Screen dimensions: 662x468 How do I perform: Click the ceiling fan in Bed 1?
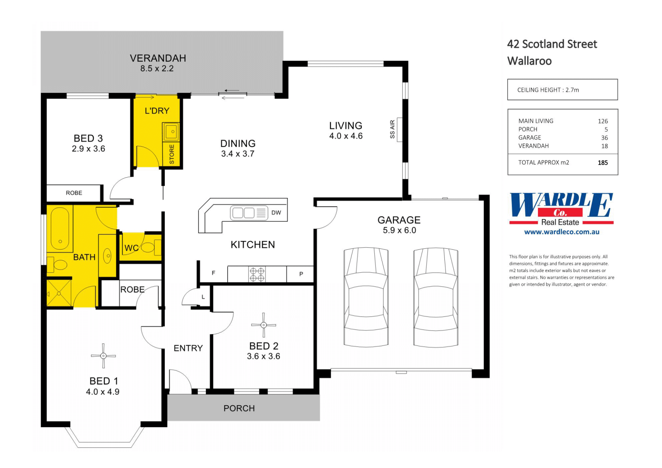point(103,356)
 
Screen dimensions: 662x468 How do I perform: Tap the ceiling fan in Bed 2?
point(263,325)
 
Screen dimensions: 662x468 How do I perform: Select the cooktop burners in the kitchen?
point(257,275)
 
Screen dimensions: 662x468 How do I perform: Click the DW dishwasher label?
point(276,213)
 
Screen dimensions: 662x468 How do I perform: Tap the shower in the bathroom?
point(59,293)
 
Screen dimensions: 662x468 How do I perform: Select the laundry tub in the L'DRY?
point(171,131)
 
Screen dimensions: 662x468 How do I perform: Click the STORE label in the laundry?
point(172,154)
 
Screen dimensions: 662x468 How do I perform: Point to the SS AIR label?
point(392,129)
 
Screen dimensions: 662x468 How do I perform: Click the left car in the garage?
point(366,297)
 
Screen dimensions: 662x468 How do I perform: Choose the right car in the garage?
point(436,297)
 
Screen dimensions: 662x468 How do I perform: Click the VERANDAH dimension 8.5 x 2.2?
point(157,69)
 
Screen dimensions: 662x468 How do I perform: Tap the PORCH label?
point(239,408)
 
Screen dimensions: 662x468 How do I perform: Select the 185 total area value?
point(603,163)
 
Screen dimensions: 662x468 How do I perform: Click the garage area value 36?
point(604,138)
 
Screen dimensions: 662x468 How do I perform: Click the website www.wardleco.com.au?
point(562,232)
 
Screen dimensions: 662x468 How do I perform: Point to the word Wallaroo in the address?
point(529,61)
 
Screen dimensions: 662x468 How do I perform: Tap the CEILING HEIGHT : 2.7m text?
point(548,90)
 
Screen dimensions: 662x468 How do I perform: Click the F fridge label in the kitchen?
point(213,273)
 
